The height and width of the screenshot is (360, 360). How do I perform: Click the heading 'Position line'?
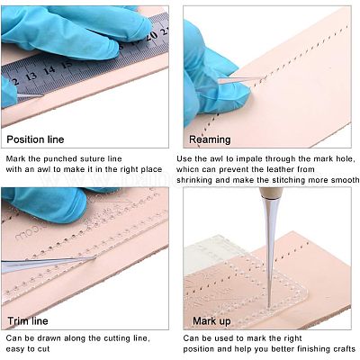point(35,139)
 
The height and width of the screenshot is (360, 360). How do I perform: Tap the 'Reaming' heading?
point(210,139)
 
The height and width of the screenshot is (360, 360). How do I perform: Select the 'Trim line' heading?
point(28,321)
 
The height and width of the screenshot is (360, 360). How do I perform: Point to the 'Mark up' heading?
point(211,321)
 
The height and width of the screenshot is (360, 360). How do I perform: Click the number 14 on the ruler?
point(49,70)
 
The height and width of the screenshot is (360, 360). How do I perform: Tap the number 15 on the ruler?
point(67,64)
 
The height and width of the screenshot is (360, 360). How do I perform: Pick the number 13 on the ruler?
point(31,76)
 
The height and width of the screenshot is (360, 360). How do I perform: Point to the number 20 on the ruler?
point(152,35)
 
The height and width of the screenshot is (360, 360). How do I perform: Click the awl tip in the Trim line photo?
point(95,256)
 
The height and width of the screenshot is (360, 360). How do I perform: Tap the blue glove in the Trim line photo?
point(48,204)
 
